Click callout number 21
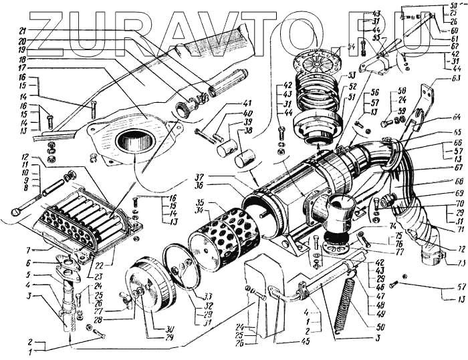point(21,31)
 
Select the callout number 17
point(21,67)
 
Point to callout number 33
point(208,296)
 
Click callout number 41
point(229,103)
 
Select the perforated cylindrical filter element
point(214,236)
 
